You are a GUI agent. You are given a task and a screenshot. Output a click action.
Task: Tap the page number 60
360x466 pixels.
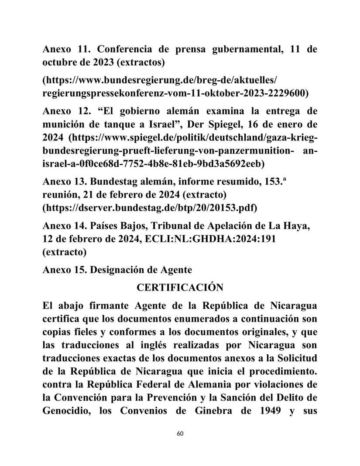pos(180,434)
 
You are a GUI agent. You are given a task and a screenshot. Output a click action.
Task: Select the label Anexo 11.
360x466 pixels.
pos(60,49)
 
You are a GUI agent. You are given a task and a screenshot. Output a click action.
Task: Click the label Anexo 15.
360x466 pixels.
pos(60,270)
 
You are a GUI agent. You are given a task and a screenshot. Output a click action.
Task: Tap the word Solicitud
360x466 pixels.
pos(294,357)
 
